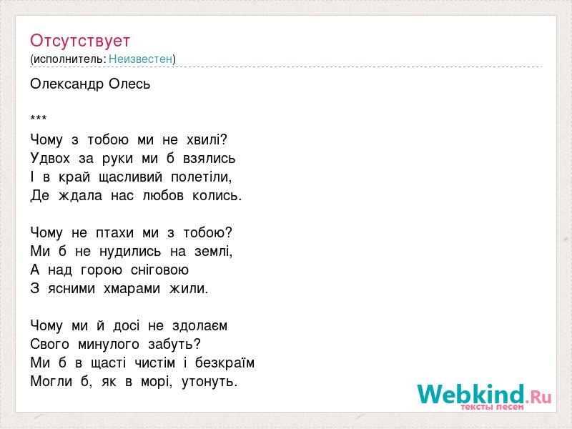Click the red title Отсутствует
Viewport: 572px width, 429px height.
(80, 41)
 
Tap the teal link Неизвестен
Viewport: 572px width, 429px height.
(140, 59)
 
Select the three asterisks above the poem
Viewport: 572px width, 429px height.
(39, 117)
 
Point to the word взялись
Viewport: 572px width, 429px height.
(209, 159)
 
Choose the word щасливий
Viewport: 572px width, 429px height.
(131, 177)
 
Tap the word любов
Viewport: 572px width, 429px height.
(163, 195)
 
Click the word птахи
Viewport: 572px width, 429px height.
(114, 233)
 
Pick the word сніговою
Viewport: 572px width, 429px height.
(159, 270)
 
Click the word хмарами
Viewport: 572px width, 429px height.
(132, 289)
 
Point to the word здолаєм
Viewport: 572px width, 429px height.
(200, 326)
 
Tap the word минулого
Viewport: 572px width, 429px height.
(109, 345)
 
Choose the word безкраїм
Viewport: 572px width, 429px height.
(225, 363)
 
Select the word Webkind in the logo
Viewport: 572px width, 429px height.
(471, 394)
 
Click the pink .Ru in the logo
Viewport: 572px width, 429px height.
(539, 397)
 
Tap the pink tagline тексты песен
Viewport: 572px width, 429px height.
(493, 406)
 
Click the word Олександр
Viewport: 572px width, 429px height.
(67, 84)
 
